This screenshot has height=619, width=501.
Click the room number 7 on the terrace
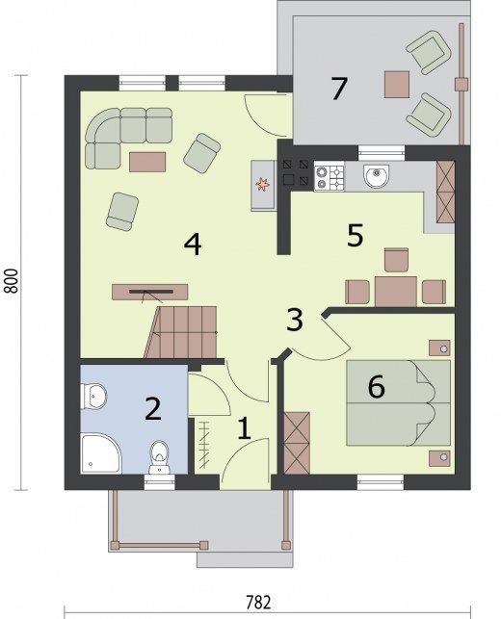coord(339,89)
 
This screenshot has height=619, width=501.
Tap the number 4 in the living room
coord(193,244)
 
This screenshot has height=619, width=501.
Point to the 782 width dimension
coord(259,603)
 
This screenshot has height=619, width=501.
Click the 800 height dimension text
coord(12,281)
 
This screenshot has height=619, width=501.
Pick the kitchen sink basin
coord(377,176)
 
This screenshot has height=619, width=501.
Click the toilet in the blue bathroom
coord(159,457)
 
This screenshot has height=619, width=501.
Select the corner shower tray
coord(100,453)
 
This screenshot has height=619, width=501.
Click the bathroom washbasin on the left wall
coord(93,396)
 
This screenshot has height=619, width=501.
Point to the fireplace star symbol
coord(262,184)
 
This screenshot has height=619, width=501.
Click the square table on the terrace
coord(397,84)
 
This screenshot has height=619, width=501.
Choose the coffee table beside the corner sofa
coord(147,162)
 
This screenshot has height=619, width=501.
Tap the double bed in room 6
coord(398,402)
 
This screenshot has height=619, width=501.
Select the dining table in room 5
coord(396,292)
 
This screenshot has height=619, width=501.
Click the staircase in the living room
coord(181,332)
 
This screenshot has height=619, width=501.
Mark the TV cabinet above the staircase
coord(149,292)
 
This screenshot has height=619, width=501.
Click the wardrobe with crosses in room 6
coord(297,443)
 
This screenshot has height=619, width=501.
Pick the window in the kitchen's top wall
coord(382,153)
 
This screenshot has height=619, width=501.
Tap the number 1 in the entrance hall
coord(244,428)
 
